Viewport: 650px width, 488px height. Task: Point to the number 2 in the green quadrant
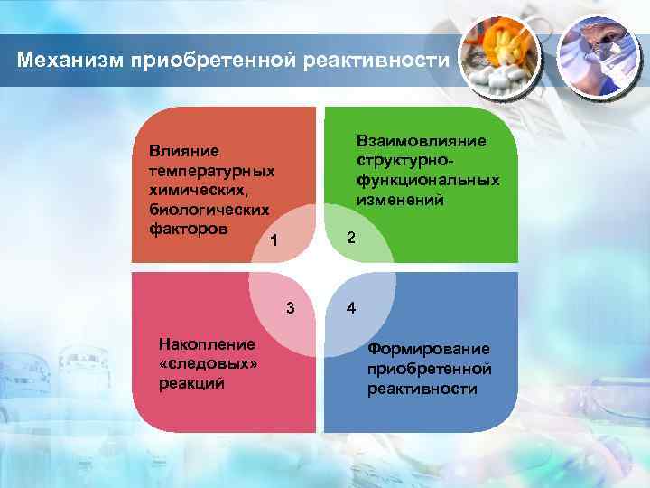coord(352,238)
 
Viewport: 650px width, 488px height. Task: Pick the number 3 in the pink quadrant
coord(290,308)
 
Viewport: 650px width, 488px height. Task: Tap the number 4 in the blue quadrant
coord(352,308)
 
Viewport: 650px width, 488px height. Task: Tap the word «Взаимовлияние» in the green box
coord(421,141)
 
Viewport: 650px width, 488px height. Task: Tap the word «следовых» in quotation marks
coord(207,363)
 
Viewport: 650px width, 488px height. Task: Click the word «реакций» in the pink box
coord(190,383)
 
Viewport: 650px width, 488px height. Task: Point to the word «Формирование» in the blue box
coord(428,349)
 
